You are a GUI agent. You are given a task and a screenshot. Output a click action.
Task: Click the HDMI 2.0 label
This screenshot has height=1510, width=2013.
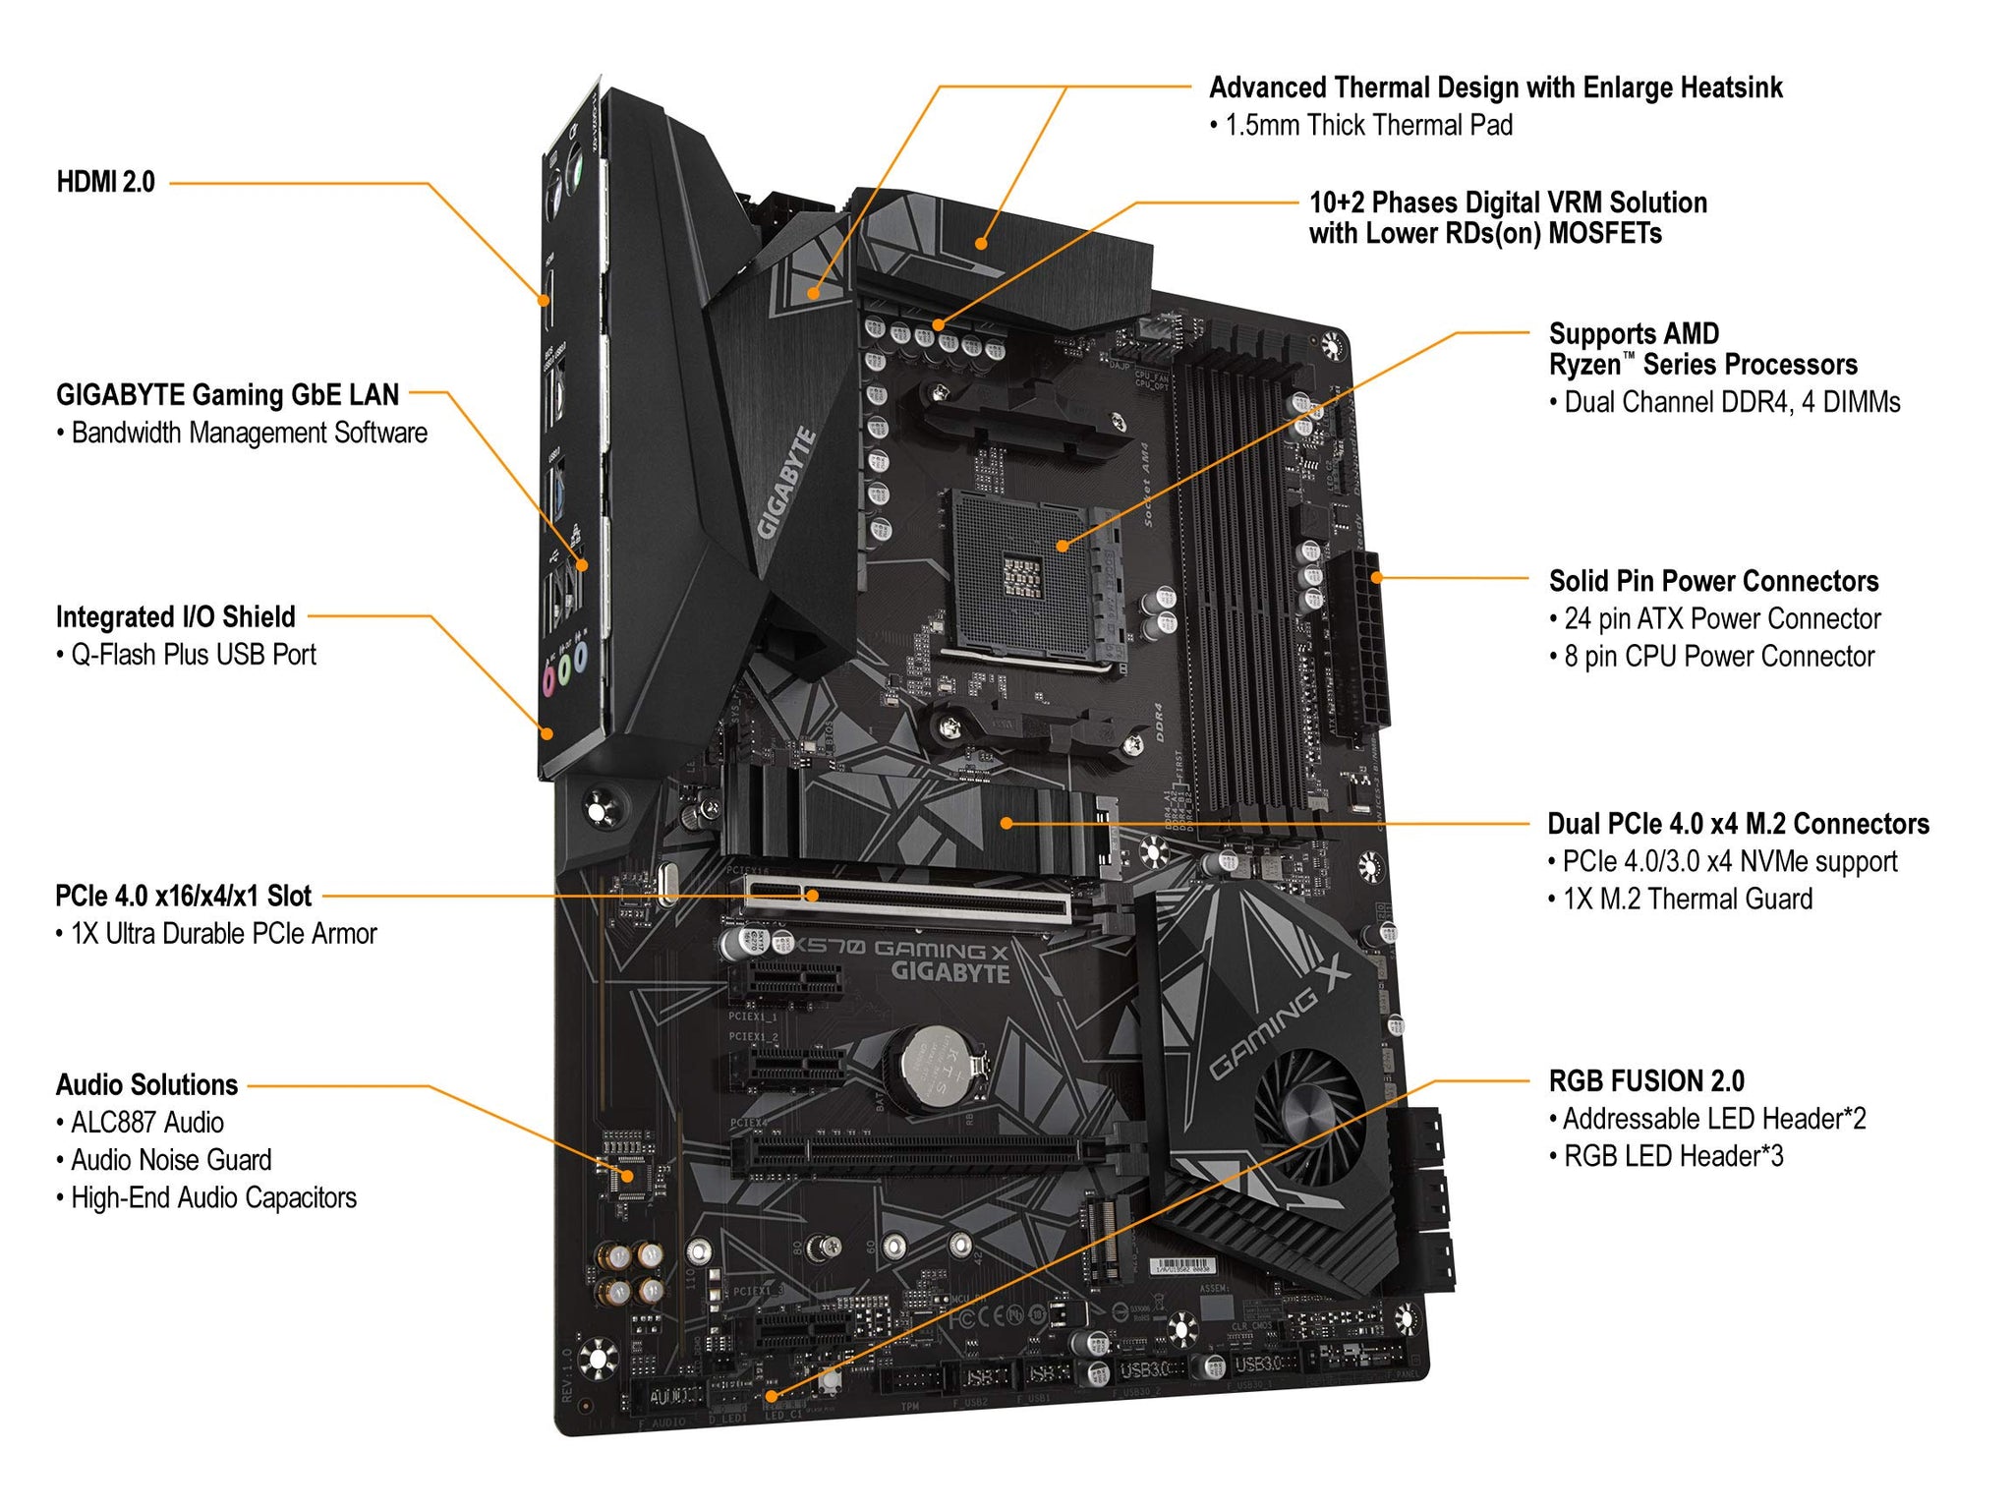[105, 182]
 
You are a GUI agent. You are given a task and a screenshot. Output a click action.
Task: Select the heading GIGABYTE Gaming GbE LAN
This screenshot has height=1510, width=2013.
[227, 395]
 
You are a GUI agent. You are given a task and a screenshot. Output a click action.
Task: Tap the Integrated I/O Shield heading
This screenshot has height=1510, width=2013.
[175, 617]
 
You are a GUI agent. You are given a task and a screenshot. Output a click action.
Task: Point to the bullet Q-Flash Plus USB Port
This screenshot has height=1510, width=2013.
[193, 655]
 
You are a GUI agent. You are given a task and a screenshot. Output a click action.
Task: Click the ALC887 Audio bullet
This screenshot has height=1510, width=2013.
[146, 1123]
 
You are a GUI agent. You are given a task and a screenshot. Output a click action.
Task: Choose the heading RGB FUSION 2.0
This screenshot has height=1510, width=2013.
[1646, 1081]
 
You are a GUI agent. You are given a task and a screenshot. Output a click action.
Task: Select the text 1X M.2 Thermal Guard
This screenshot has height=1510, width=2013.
[1688, 900]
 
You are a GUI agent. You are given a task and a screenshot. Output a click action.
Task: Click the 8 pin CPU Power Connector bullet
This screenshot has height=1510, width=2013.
[1719, 657]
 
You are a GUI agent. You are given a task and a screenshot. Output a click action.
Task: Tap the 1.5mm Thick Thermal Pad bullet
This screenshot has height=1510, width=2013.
[1368, 126]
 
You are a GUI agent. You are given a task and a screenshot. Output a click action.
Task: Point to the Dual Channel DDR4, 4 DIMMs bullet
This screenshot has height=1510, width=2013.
[1732, 402]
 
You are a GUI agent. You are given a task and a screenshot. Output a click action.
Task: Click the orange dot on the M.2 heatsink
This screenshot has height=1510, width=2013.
[1006, 824]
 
